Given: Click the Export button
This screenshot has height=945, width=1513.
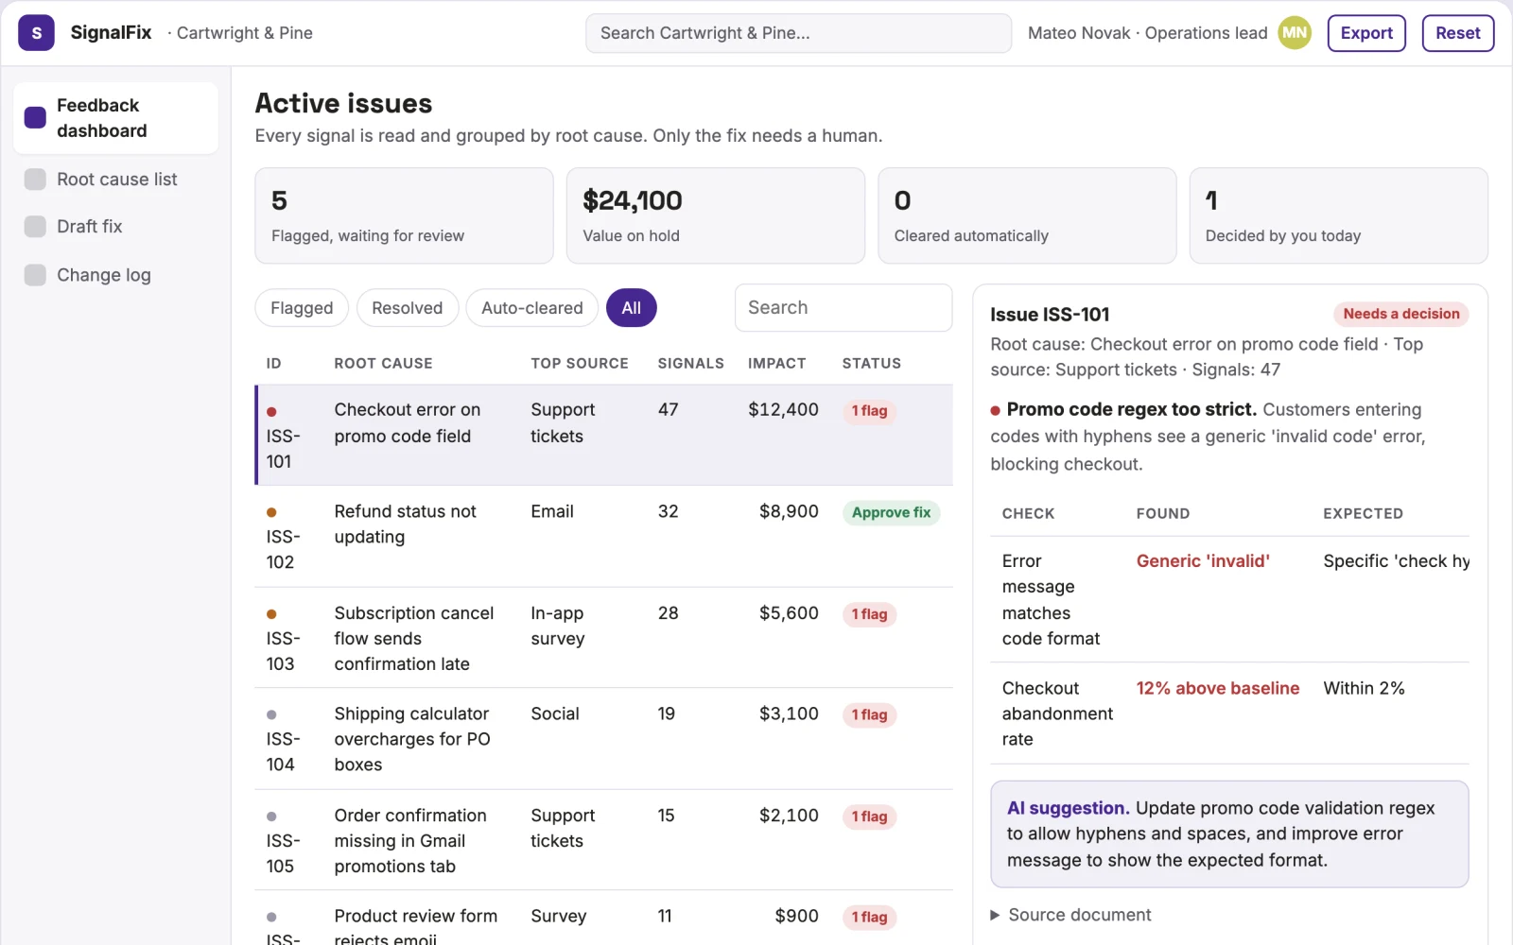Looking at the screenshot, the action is tap(1365, 33).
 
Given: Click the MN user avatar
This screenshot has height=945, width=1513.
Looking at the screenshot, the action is tap(1295, 33).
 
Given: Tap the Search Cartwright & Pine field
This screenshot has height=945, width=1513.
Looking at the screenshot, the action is tap(798, 33).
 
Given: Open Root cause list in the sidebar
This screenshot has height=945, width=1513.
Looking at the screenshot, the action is tap(116, 179).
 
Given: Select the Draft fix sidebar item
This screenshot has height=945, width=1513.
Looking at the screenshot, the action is tap(89, 226).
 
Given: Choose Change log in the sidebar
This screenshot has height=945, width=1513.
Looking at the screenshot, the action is tap(103, 275).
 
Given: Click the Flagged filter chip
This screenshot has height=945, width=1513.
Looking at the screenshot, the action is tap(302, 308).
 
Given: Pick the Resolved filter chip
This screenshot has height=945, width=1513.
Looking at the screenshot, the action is tap(408, 308).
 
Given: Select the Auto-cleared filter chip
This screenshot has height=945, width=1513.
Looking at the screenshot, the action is tap(531, 308).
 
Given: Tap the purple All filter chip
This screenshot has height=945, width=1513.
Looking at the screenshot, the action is tap(631, 308).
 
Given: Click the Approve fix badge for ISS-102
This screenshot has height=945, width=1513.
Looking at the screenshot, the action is tap(891, 512).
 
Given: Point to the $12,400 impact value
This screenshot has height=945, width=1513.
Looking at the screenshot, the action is tap(783, 410).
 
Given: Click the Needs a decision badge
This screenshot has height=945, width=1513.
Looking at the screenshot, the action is tap(1400, 314).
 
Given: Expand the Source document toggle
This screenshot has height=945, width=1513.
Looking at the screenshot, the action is tap(1070, 915).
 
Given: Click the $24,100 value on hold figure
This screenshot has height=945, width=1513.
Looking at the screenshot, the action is tap(633, 200).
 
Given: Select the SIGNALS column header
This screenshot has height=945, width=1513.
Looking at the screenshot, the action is tap(690, 363).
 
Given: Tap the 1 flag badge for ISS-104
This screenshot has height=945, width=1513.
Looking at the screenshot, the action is tap(869, 714).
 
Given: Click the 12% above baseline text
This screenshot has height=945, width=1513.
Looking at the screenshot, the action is tap(1217, 688).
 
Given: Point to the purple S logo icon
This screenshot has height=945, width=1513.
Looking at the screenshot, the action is tap(37, 33).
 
